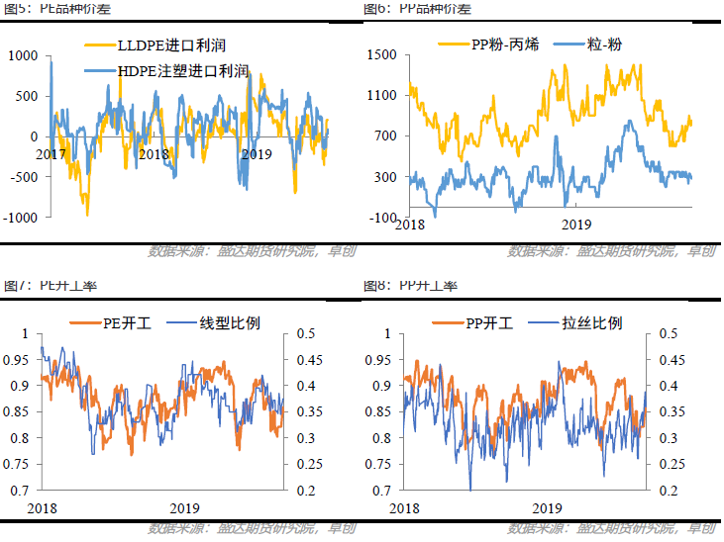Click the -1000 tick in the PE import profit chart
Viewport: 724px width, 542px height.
20,217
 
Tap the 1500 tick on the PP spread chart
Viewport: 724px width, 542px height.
381,55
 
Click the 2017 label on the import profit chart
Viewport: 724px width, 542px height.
52,154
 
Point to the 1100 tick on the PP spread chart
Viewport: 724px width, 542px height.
381,96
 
